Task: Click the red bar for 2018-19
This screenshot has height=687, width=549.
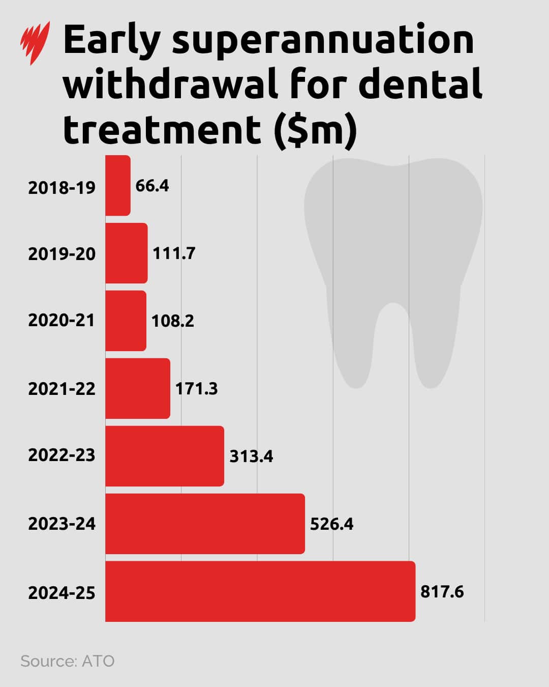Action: pyautogui.click(x=118, y=185)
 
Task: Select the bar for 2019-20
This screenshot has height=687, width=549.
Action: pyautogui.click(x=127, y=253)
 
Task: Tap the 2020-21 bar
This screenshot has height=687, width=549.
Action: pyautogui.click(x=126, y=321)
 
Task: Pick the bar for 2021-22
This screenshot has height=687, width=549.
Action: pyautogui.click(x=138, y=388)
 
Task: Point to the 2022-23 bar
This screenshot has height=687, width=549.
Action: pyautogui.click(x=165, y=456)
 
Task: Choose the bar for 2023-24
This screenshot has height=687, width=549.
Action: pyautogui.click(x=205, y=524)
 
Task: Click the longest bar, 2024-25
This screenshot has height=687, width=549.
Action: pyautogui.click(x=260, y=591)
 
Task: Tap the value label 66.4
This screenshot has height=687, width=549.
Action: pyautogui.click(x=152, y=186)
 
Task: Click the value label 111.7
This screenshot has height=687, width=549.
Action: pyautogui.click(x=174, y=253)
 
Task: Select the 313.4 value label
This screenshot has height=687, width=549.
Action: pyautogui.click(x=251, y=456)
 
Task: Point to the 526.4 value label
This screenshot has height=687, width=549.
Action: pyautogui.click(x=331, y=524)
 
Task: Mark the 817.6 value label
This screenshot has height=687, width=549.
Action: pyautogui.click(x=442, y=592)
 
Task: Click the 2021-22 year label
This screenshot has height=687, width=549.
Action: pyautogui.click(x=62, y=389)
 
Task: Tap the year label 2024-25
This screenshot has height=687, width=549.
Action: pyautogui.click(x=62, y=593)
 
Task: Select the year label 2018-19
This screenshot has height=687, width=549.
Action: pyautogui.click(x=62, y=188)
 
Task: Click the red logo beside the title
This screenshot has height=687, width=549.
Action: pyautogui.click(x=35, y=43)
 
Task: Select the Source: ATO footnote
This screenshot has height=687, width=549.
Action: pyautogui.click(x=68, y=661)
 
